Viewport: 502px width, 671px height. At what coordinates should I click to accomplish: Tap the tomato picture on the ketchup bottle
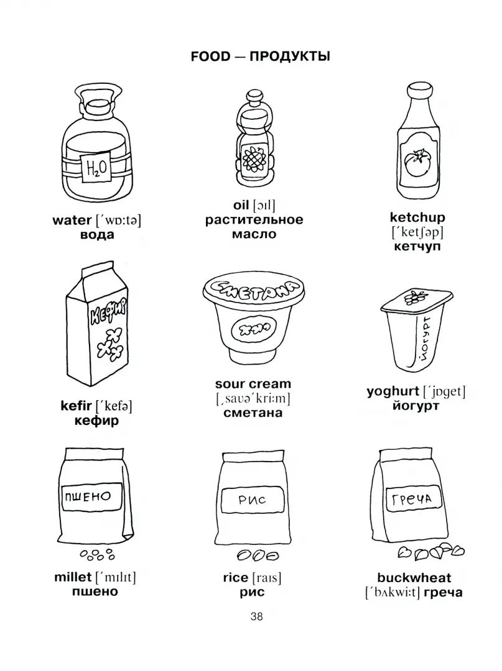coord(417,163)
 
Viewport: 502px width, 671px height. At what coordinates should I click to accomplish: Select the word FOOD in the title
coord(210,57)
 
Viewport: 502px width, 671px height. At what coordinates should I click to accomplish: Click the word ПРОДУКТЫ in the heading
coord(290,57)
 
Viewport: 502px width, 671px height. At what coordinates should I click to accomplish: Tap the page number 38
coord(256,617)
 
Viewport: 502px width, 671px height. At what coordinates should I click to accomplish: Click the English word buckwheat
coord(414,578)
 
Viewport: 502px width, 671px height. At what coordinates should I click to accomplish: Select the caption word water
coord(72,221)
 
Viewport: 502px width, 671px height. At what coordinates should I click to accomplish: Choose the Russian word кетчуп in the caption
coord(417,247)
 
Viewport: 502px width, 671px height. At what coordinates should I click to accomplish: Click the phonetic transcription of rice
coord(267,578)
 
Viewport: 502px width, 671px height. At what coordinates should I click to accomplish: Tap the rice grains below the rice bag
coord(258,555)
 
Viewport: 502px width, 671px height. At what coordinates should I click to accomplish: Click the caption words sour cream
coord(253,384)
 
